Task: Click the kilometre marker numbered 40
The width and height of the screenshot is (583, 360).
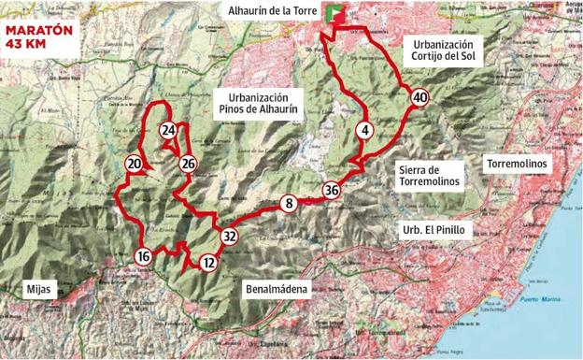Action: (x=419, y=96)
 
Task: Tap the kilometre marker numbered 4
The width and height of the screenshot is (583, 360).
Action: (x=366, y=130)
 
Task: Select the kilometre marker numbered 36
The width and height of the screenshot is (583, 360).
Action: (x=332, y=190)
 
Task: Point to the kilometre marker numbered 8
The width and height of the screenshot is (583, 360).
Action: (x=290, y=203)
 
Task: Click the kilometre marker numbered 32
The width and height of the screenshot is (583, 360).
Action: (x=229, y=238)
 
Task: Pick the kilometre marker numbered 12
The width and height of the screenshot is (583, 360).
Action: (x=208, y=264)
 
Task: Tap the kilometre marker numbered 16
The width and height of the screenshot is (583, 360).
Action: (x=143, y=256)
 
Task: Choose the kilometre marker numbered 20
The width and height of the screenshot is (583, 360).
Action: (x=134, y=165)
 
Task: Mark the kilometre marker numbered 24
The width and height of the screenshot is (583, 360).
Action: (x=168, y=130)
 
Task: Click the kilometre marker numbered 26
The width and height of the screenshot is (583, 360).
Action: (x=188, y=165)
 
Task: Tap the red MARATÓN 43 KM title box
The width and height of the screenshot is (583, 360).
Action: (x=39, y=36)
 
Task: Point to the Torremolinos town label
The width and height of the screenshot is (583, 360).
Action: (x=519, y=165)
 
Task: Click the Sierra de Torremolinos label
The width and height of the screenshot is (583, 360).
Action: (x=431, y=176)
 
